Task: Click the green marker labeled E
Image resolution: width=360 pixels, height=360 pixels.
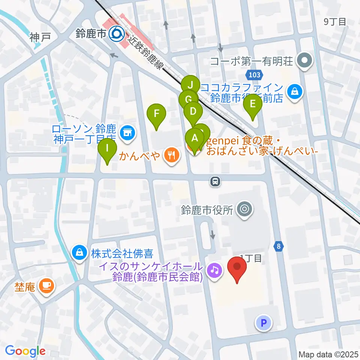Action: (253, 104)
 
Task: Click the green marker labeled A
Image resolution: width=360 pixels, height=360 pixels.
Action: (195, 138)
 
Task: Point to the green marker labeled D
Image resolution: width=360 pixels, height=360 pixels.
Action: (193, 111)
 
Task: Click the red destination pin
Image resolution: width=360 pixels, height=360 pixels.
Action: (237, 267)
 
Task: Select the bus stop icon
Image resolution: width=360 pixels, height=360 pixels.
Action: (215, 182)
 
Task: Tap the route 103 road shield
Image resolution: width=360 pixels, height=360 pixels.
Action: (254, 75)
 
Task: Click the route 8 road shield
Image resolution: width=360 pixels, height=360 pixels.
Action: (279, 247)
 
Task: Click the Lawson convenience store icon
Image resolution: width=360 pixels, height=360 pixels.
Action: (127, 133)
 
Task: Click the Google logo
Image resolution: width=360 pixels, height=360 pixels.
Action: (25, 351)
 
